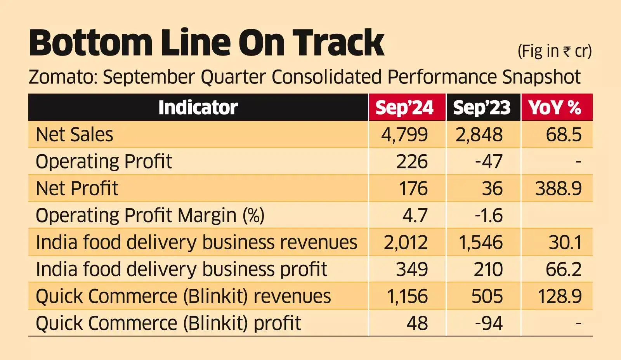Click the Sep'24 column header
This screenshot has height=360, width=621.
[404, 108]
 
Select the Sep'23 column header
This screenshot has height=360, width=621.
[482, 108]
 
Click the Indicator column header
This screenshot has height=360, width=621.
[198, 108]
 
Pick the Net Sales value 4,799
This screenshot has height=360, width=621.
[404, 135]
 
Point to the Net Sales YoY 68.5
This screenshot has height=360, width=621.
[564, 135]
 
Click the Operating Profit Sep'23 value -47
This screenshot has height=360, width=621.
[489, 162]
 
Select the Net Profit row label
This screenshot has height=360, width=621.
[77, 188]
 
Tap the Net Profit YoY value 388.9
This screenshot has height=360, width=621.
[558, 188]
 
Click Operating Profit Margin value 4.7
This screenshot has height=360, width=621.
[415, 216]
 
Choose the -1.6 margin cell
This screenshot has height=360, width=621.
[489, 216]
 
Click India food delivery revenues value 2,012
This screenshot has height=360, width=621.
[406, 242]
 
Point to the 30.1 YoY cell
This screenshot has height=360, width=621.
[565, 242]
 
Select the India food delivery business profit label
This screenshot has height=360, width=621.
[181, 269]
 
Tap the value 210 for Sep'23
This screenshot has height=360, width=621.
[488, 269]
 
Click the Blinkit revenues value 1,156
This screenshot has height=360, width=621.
[407, 296]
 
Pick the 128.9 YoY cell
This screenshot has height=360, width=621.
[559, 296]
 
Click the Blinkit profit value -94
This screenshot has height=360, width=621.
[489, 323]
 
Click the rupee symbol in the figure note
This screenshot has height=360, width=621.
[567, 52]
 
